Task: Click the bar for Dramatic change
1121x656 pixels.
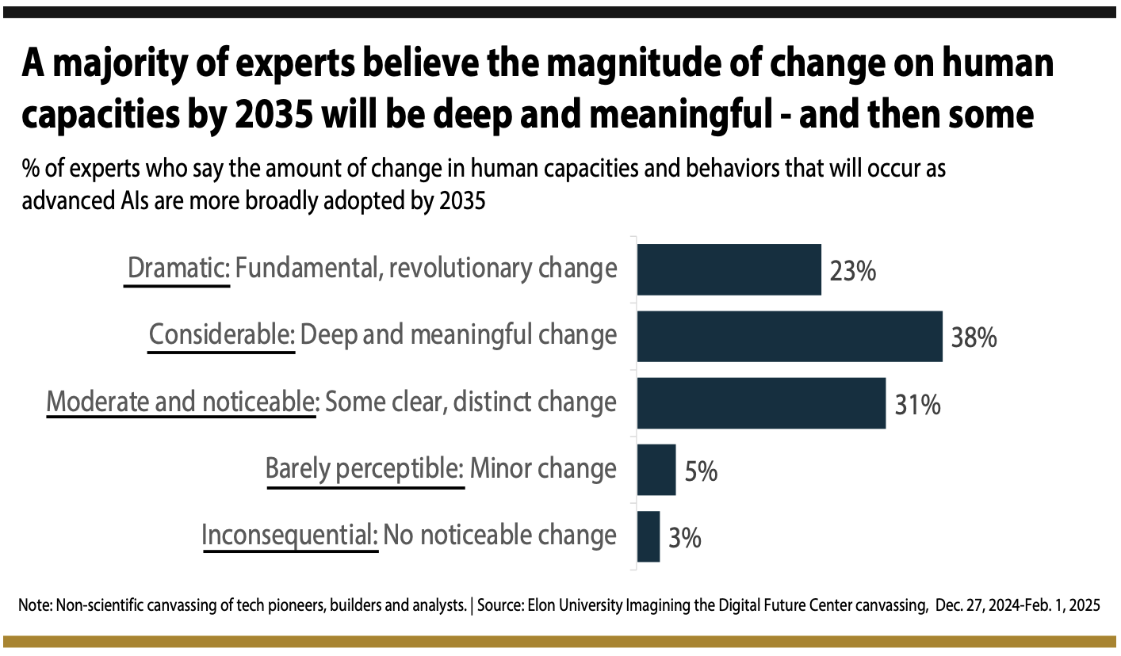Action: pos(729,270)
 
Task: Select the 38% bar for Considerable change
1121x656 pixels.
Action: pos(790,337)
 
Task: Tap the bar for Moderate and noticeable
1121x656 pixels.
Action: pos(761,403)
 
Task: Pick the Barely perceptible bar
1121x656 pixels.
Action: pos(656,470)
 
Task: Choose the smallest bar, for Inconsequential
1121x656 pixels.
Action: pos(648,536)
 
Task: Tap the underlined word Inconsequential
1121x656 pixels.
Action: pos(289,535)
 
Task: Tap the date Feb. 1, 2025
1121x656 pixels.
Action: pos(1052,606)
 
